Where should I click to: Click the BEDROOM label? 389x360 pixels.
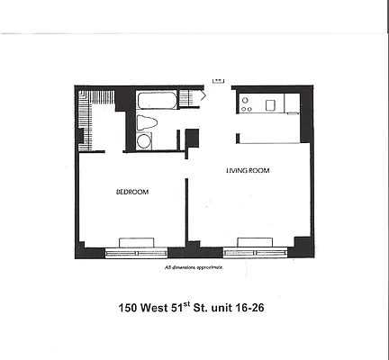tap(131, 192)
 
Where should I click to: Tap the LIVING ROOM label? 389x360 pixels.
tap(249, 170)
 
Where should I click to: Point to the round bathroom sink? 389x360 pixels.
tap(144, 140)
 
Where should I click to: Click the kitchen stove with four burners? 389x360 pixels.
tap(245, 104)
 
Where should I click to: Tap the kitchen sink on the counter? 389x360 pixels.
tap(267, 104)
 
